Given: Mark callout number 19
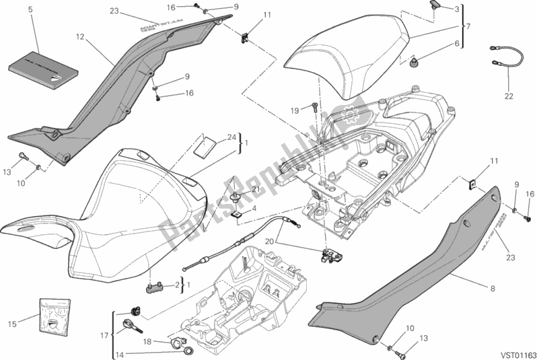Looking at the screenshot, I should tap(294, 110).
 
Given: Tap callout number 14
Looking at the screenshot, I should tap(118, 353).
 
